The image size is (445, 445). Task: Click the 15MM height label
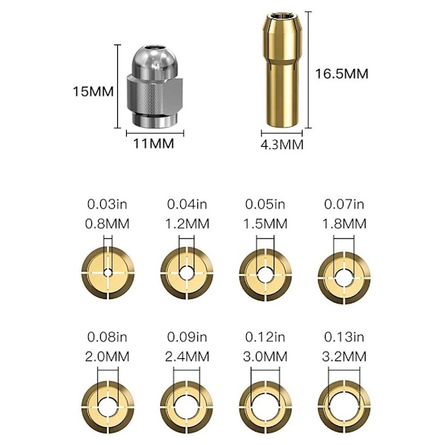(93, 92)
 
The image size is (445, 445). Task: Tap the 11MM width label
(154, 144)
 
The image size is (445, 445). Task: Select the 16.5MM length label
(342, 73)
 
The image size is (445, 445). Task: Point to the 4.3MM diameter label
(282, 145)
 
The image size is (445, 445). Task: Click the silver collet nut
(154, 87)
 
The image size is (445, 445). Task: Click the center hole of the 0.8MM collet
(108, 273)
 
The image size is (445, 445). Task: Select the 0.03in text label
(107, 205)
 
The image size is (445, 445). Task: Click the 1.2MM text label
(187, 224)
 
